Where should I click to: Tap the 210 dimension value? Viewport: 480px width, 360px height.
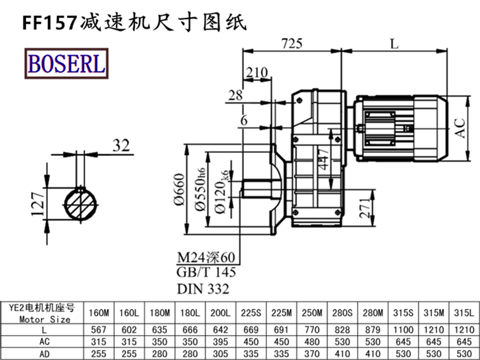257,73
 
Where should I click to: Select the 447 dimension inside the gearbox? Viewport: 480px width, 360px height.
324,160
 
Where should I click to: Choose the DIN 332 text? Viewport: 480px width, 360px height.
203,289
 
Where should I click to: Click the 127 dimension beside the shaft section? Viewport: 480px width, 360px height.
38,203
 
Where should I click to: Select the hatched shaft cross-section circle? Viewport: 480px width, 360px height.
83,203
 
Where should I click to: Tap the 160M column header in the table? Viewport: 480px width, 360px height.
99,313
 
